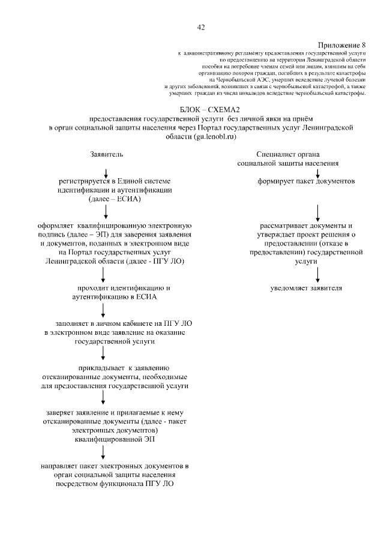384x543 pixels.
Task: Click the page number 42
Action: click(x=201, y=27)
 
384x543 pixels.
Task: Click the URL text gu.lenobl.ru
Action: click(x=214, y=137)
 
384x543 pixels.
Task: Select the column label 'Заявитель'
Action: click(x=107, y=154)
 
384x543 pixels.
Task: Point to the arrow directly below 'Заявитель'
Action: click(x=106, y=172)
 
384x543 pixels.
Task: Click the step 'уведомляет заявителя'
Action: click(x=306, y=288)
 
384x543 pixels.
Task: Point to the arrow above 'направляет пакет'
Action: click(x=104, y=452)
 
